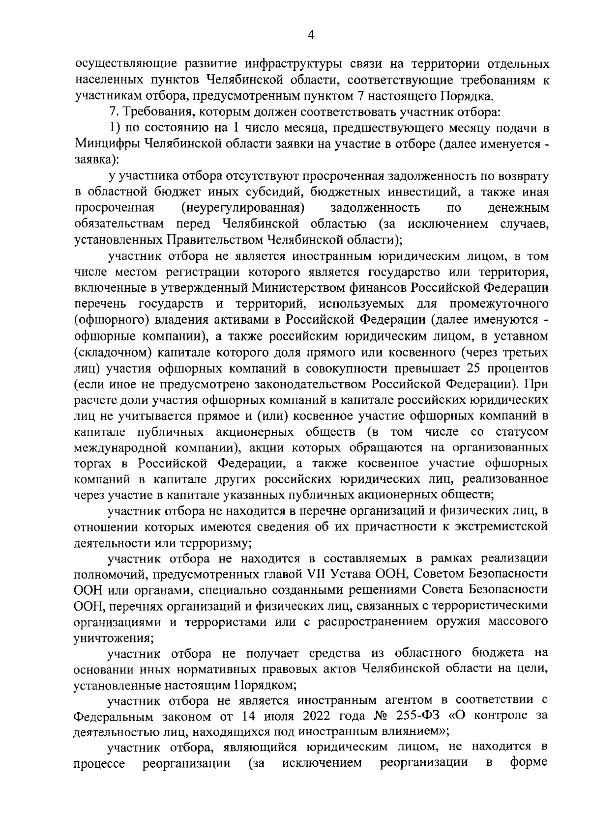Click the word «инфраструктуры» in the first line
pyautogui.click(x=273, y=64)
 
